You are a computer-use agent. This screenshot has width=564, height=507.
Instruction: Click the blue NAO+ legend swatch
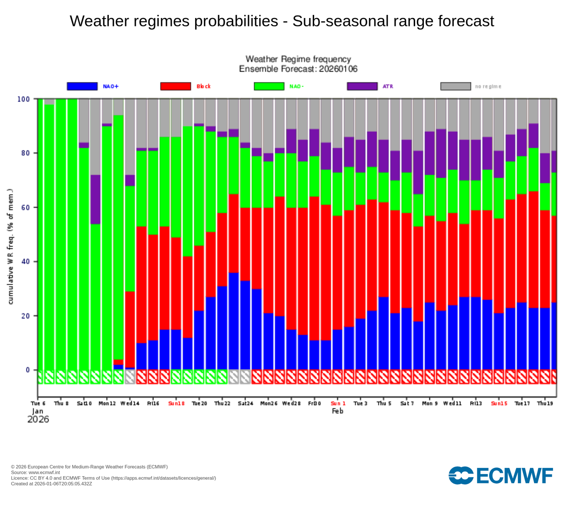click(82, 86)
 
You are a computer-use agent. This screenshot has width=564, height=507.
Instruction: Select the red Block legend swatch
click(175, 86)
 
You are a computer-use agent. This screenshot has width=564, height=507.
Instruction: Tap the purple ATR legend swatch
click(362, 86)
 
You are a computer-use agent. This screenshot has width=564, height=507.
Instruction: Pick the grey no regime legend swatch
click(456, 86)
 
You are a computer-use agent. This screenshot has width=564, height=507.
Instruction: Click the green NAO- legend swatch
click(269, 86)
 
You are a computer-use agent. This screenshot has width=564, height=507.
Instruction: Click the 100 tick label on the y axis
click(23, 99)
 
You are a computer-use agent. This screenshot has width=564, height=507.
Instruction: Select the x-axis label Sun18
click(176, 403)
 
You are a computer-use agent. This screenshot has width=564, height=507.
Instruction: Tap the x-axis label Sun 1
click(338, 403)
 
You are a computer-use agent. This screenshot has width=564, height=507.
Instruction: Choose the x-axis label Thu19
click(545, 403)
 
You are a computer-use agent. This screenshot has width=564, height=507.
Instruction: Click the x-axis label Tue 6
click(38, 403)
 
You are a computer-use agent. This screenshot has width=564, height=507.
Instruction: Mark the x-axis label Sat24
click(245, 403)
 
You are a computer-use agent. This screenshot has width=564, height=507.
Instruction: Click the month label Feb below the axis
click(338, 411)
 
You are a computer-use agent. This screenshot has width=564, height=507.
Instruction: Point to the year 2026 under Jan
click(38, 419)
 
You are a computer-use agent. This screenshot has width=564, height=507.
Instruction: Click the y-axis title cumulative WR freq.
click(11, 246)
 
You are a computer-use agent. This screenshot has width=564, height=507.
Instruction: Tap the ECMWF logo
click(501, 476)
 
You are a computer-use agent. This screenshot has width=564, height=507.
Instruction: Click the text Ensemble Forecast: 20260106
click(298, 69)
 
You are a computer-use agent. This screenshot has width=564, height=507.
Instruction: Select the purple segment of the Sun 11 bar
click(96, 199)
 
